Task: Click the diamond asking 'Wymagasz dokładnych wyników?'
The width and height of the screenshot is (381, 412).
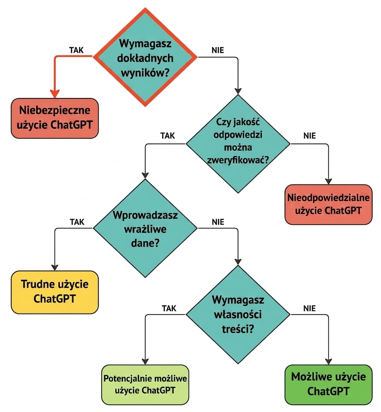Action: coord(145,57)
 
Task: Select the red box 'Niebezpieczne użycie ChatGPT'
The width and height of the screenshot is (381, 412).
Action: coord(55,118)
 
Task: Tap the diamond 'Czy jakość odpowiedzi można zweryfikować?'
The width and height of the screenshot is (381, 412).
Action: coord(238,144)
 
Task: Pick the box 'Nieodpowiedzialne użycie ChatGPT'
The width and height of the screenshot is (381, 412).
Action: coord(328,204)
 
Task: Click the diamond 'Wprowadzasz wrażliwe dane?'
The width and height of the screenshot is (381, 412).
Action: coord(145,228)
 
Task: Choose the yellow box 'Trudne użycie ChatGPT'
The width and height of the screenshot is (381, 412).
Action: coord(55,292)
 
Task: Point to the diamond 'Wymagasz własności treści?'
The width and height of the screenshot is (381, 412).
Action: coord(238,314)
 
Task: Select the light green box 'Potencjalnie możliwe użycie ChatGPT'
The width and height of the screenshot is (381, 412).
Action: coord(145,384)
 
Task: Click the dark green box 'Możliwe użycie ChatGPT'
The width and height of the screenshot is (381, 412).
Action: coord(328,384)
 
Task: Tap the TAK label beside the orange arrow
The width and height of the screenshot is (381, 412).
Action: coord(76,50)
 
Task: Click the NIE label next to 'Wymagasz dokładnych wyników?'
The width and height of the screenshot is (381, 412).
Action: coord(218,50)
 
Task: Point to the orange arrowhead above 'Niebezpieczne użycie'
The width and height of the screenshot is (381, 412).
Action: coord(55,94)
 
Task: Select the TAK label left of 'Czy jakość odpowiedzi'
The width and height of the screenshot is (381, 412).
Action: coord(167,136)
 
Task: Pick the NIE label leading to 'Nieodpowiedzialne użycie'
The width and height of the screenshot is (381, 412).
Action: coord(310,136)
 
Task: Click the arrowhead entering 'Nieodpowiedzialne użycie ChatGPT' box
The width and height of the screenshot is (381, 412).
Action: coord(328,181)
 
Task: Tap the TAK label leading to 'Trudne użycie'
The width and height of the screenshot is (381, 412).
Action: coord(77,222)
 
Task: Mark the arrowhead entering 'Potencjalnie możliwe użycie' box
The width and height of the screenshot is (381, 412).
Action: coord(145,362)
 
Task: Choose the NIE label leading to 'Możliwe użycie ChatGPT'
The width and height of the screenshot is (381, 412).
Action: coord(310,308)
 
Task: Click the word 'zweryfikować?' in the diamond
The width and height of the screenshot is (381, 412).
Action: coord(238,160)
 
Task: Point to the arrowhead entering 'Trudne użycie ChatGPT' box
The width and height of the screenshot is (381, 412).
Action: coord(55,267)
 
